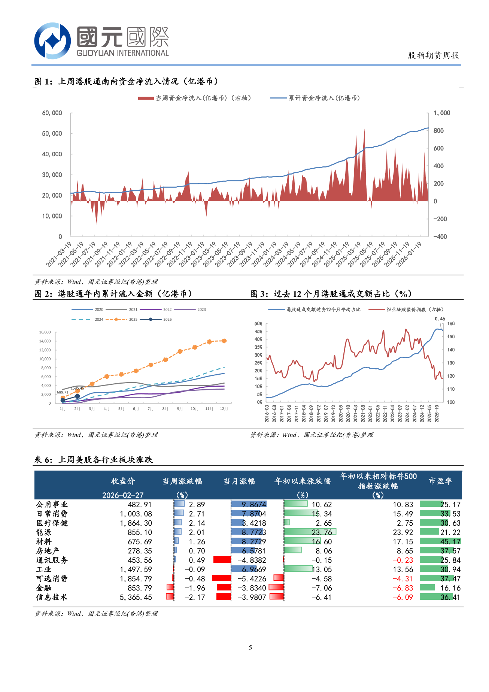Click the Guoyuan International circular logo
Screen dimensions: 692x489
[x=52, y=40]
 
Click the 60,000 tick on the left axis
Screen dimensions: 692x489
[x=52, y=113]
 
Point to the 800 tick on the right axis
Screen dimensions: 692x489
[x=438, y=130]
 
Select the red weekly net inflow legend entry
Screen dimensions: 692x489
[x=194, y=98]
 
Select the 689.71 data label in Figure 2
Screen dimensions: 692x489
[x=63, y=392]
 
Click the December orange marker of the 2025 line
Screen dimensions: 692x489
[x=224, y=341]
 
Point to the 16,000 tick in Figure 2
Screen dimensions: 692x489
[x=45, y=332]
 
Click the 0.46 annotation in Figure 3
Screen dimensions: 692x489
[x=440, y=319]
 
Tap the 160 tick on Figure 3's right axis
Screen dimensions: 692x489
[x=451, y=324]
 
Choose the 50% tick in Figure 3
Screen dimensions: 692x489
[x=258, y=324]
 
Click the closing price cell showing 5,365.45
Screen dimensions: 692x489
[x=136, y=597]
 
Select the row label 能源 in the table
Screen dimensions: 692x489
[x=43, y=532]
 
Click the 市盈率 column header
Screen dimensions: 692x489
[x=440, y=481]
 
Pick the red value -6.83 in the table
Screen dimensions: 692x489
[x=403, y=588]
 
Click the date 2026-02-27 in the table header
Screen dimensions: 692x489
[x=123, y=495]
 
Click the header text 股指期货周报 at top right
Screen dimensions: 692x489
[x=433, y=55]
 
